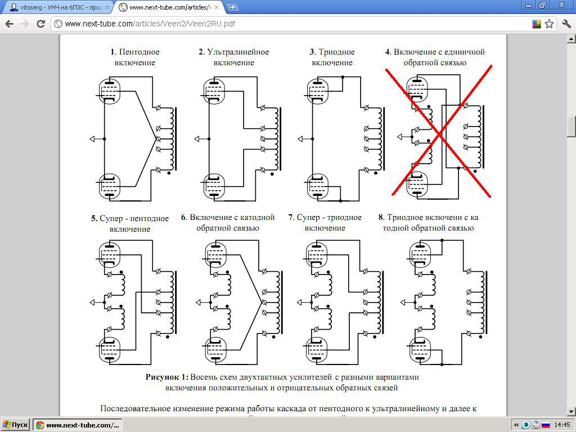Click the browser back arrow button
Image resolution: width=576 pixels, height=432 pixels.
point(9,24)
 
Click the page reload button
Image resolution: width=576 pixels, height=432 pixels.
point(40,24)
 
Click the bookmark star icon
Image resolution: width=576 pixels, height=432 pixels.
point(549,24)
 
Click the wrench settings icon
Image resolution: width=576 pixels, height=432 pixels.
point(566,24)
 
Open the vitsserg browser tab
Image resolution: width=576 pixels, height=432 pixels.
point(58,7)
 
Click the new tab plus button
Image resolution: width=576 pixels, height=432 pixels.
point(232,7)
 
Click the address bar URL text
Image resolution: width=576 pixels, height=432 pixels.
point(150,24)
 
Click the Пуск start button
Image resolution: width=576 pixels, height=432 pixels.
point(15,425)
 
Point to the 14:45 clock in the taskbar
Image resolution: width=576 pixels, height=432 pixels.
point(562,425)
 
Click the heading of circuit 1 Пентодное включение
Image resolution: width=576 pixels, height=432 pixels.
point(135,57)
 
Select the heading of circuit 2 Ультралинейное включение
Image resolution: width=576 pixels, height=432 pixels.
point(233,57)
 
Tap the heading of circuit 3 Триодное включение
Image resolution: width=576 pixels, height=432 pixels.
point(332,57)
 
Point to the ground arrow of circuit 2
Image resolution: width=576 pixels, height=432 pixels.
point(197,139)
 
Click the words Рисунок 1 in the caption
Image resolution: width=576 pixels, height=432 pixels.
point(167,377)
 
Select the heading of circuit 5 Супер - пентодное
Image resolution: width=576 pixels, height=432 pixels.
point(130,223)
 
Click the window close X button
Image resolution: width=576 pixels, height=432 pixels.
point(561,4)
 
